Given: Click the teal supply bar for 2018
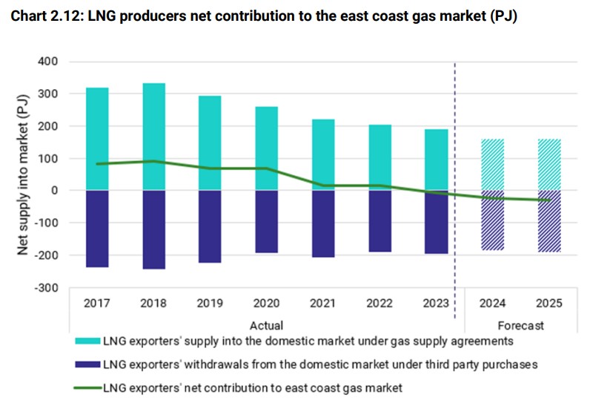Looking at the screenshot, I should point(154,126).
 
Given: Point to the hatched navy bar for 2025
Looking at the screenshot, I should point(548,221).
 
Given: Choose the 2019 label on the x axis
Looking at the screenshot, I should point(211,304).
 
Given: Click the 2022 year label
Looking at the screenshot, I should point(379,304).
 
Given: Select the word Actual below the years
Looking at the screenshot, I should point(266,325).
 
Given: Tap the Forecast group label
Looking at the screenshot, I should point(520,325).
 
